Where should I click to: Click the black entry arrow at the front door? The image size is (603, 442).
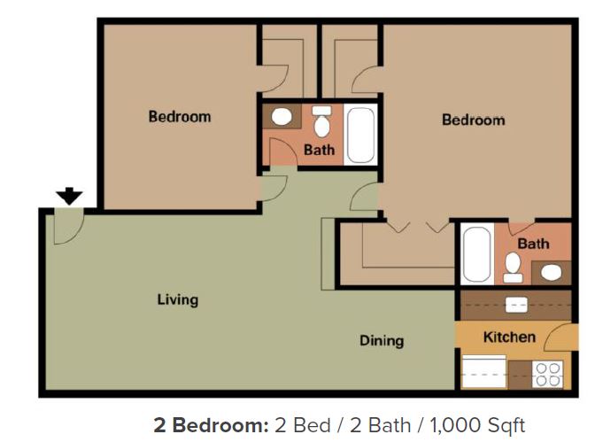click(69, 196)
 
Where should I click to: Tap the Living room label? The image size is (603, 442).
click(177, 299)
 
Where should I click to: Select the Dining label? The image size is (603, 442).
click(382, 340)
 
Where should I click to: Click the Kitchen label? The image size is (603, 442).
click(509, 337)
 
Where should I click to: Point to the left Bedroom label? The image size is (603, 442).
click(179, 116)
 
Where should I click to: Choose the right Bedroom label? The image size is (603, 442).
click(473, 120)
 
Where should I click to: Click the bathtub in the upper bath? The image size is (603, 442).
click(361, 135)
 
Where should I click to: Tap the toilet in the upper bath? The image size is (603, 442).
click(321, 121)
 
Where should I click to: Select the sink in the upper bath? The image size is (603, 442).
click(282, 117)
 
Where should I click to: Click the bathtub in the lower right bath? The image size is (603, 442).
click(476, 254)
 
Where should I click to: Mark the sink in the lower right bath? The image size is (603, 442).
click(551, 272)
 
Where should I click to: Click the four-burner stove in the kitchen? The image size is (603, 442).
click(548, 375)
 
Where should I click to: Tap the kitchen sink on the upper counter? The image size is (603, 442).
click(516, 304)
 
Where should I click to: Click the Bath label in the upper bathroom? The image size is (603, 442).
click(319, 150)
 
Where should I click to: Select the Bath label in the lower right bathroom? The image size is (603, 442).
click(533, 244)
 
